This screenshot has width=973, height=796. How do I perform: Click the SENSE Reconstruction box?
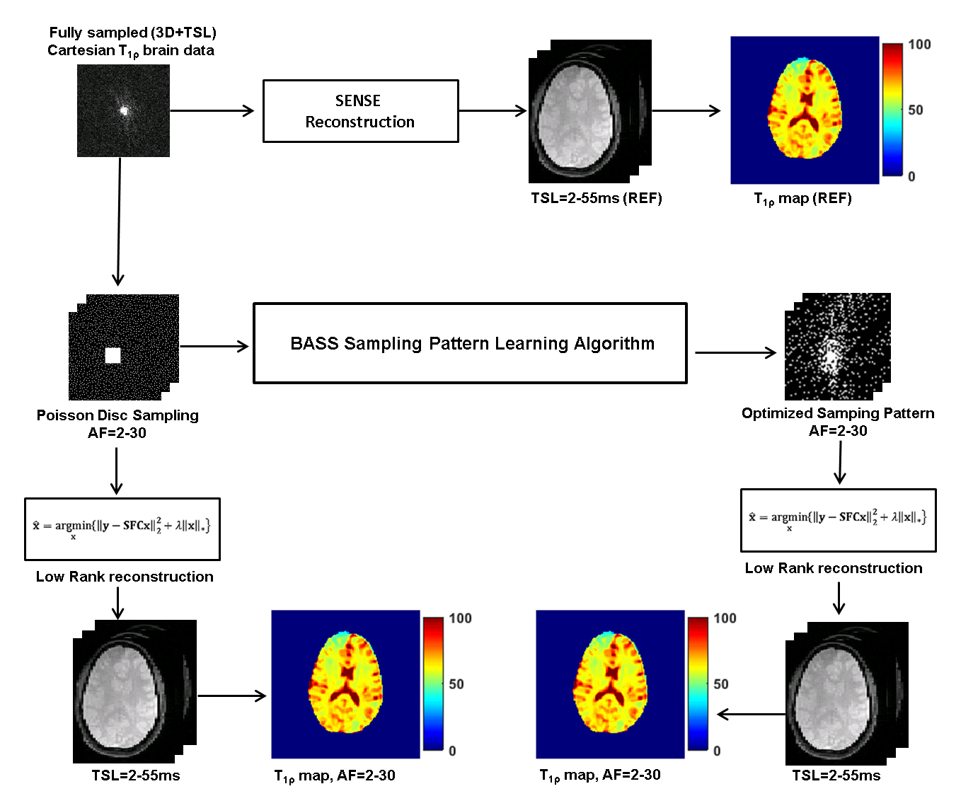(x=360, y=111)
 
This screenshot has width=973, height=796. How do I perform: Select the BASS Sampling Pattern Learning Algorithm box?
(x=470, y=344)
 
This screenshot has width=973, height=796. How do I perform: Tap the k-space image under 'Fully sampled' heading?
(x=123, y=110)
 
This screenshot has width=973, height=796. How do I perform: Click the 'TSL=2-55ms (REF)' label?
(x=597, y=198)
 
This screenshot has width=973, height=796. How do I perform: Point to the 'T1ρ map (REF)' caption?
(x=802, y=199)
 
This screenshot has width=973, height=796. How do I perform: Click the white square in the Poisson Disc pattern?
(x=113, y=355)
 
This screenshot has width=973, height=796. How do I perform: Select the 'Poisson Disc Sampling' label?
(x=117, y=415)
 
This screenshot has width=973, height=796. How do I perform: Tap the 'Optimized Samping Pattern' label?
(x=838, y=413)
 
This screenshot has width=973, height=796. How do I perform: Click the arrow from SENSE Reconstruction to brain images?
(x=493, y=110)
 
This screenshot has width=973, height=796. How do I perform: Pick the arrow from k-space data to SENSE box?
(x=212, y=110)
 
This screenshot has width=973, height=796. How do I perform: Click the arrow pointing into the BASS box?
(x=214, y=346)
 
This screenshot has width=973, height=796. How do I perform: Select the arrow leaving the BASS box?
(x=735, y=352)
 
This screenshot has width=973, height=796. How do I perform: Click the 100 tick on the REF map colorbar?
(x=919, y=45)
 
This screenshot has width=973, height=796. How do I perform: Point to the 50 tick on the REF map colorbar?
(x=916, y=110)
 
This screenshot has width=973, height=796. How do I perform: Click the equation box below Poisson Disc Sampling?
(x=122, y=529)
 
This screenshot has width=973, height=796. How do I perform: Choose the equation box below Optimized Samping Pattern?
(x=838, y=520)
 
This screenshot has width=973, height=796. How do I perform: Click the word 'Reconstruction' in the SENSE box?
(x=359, y=122)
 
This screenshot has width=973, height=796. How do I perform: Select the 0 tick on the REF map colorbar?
(x=911, y=176)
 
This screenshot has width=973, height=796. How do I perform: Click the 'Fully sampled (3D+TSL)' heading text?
(x=132, y=33)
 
